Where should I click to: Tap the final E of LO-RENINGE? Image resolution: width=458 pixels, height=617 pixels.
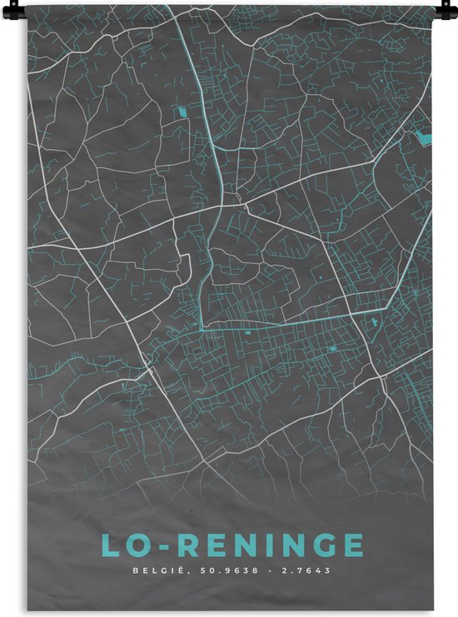point(354,545)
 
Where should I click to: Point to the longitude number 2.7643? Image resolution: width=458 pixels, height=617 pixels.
point(306,570)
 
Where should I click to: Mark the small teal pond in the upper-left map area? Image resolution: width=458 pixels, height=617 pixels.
point(182,111)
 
